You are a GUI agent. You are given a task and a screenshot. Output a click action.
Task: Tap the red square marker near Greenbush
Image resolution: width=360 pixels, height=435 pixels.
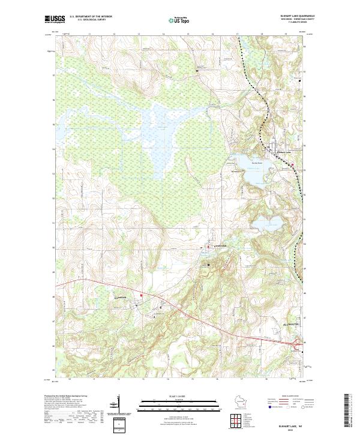click(x=142, y=296)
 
